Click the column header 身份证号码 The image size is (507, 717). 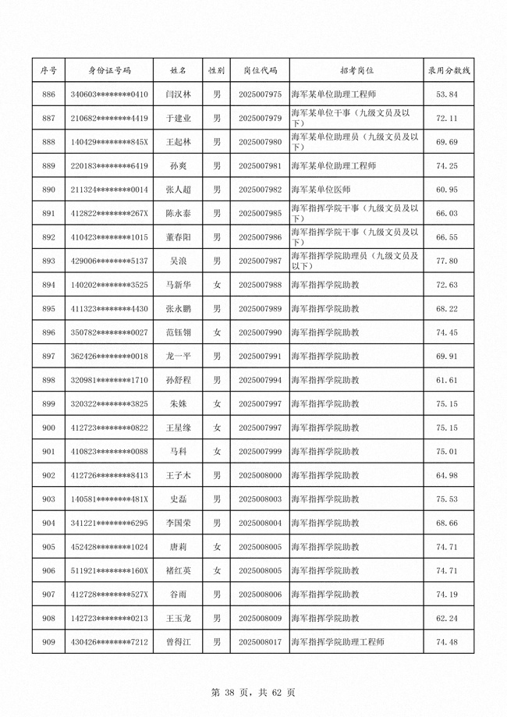[x=109, y=70]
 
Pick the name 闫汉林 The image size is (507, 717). [x=179, y=94]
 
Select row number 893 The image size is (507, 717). [x=48, y=261]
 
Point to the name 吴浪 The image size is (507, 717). [x=179, y=261]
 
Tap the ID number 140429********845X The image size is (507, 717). [x=109, y=142]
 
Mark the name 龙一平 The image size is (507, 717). [x=179, y=357]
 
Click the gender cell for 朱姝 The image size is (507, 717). [x=218, y=404]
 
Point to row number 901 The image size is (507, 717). [x=48, y=452]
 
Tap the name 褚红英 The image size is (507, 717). [x=179, y=570]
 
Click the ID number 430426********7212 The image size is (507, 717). [x=109, y=642]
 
